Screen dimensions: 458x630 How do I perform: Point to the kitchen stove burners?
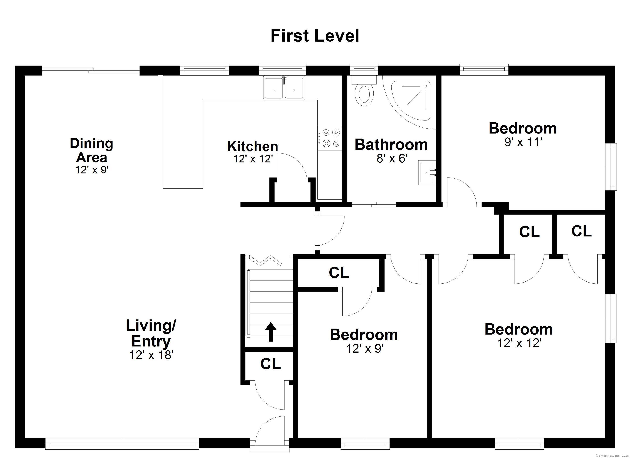329,138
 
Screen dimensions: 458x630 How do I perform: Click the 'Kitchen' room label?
252,146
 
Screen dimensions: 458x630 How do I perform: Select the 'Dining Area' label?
91,150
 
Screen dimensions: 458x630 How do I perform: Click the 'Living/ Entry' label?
151,333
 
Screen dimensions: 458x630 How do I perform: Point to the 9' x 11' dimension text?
523,142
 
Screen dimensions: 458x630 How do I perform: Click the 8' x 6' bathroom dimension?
392,159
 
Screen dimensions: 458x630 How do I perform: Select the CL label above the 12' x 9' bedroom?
339,273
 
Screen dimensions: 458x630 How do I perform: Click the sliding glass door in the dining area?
91,71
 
